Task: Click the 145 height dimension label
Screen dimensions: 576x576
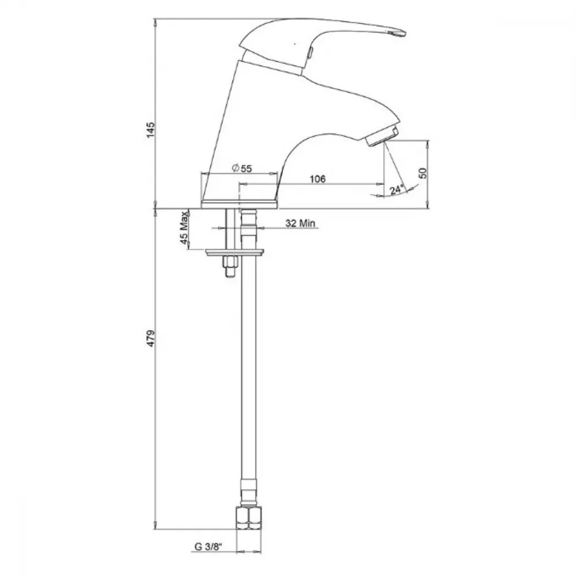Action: click(x=150, y=130)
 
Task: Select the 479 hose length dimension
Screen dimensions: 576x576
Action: click(x=150, y=338)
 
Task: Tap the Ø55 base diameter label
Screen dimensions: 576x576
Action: click(x=242, y=168)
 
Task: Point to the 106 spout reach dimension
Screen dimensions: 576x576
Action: click(x=317, y=179)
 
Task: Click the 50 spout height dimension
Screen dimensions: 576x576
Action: click(x=423, y=173)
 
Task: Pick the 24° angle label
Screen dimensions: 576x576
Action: click(x=396, y=190)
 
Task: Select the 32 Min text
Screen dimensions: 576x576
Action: click(x=300, y=223)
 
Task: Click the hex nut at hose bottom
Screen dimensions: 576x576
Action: click(x=249, y=518)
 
